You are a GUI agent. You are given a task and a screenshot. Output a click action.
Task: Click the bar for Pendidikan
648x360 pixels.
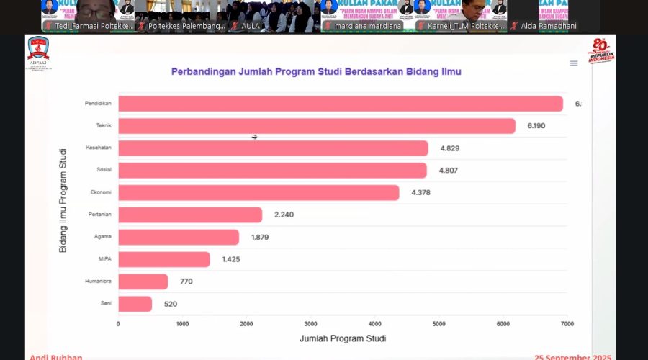(340, 104)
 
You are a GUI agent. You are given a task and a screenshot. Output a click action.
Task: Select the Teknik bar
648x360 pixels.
(317, 126)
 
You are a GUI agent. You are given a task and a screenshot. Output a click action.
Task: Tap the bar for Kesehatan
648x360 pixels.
(273, 148)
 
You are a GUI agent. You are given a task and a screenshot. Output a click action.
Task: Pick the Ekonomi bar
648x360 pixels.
(258, 193)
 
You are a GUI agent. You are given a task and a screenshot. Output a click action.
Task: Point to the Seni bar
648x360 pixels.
(135, 304)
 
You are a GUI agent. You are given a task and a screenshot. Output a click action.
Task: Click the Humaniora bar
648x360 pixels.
(143, 282)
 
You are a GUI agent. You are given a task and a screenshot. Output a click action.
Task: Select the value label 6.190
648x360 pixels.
(537, 126)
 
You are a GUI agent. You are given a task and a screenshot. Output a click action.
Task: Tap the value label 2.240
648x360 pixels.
(284, 215)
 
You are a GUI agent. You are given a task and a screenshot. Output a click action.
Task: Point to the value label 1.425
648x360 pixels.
(231, 259)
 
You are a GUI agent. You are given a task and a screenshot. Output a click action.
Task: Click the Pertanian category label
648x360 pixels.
(99, 215)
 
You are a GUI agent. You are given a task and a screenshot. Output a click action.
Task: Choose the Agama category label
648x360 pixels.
(102, 237)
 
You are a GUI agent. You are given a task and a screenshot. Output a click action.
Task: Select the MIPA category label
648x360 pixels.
(104, 259)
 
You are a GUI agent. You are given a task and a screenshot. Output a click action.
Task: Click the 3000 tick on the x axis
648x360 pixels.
(310, 324)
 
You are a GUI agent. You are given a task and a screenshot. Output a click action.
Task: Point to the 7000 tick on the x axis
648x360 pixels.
(567, 324)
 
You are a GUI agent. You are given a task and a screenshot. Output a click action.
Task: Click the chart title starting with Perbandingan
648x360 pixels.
(316, 72)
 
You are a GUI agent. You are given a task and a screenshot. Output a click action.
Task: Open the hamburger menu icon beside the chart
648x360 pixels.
(574, 63)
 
